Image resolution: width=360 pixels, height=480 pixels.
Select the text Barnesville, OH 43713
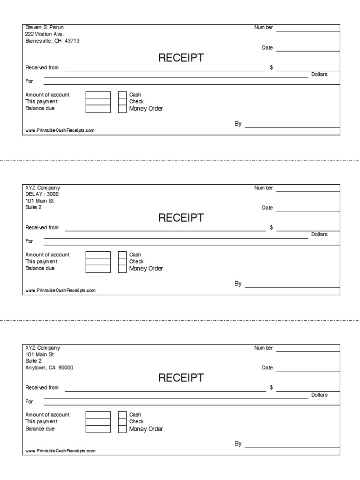[52, 41]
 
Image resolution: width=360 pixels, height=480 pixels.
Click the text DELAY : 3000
[42, 194]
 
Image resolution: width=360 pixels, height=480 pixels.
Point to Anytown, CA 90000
[49, 367]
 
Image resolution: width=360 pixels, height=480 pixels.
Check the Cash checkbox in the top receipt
[122, 95]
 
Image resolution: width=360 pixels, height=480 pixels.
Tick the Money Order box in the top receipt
[122, 109]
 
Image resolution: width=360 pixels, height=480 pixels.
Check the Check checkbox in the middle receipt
[122, 262]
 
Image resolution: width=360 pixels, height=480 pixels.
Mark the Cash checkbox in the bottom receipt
[122, 415]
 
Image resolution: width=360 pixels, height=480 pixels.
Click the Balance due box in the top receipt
[98, 109]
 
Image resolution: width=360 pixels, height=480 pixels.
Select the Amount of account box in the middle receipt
[98, 255]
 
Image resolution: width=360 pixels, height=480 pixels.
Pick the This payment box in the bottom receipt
[98, 421]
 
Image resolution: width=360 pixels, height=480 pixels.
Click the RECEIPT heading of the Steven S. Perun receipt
[181, 58]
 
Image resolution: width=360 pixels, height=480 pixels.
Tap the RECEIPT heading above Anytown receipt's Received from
[181, 378]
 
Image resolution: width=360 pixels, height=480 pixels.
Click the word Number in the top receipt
[263, 28]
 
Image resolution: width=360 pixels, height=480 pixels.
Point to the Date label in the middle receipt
[267, 208]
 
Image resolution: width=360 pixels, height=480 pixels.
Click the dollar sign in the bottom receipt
[271, 388]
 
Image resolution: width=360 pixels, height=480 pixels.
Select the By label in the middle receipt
[238, 284]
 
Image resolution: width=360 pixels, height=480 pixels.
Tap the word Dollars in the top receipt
[320, 75]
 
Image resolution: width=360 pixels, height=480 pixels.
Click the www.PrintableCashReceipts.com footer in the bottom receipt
[60, 450]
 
